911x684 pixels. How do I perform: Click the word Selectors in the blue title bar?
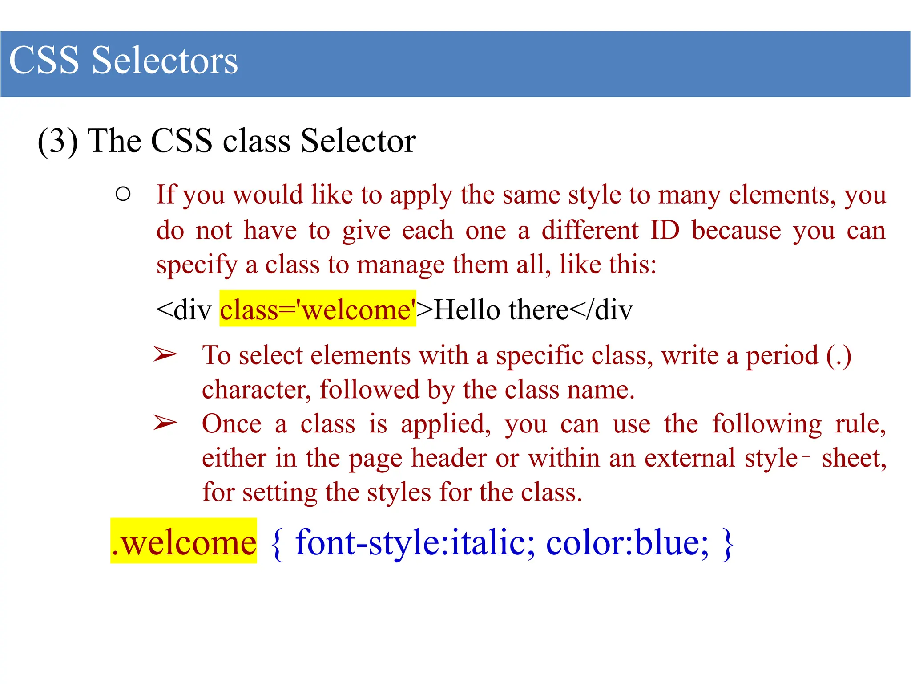point(165,61)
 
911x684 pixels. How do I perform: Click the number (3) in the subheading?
point(58,141)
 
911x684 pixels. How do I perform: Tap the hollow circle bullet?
point(123,194)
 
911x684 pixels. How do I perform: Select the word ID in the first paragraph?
point(665,230)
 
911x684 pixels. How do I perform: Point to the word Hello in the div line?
point(467,309)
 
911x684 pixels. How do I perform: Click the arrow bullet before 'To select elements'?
point(165,354)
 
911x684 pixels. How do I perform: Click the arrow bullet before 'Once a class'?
point(165,423)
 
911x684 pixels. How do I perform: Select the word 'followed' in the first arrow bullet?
point(369,390)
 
